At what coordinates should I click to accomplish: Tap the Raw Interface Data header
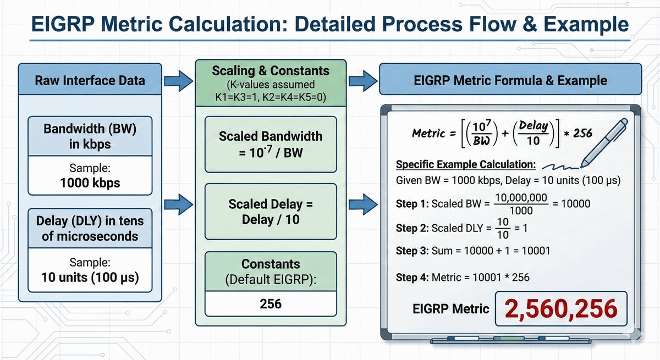pyautogui.click(x=90, y=81)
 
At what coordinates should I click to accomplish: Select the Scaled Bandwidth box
pyautogui.click(x=271, y=144)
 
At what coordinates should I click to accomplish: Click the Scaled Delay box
pyautogui.click(x=271, y=212)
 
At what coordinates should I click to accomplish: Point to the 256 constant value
pyautogui.click(x=271, y=303)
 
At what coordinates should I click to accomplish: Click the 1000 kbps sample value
pyautogui.click(x=90, y=183)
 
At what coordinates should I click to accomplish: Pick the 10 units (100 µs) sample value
pyautogui.click(x=90, y=277)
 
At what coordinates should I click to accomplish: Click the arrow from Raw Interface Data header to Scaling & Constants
pyautogui.click(x=179, y=81)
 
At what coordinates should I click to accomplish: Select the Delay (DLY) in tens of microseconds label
pyautogui.click(x=90, y=229)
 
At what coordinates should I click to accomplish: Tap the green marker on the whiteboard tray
pyautogui.click(x=509, y=340)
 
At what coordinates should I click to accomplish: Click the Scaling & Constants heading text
pyautogui.click(x=271, y=71)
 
